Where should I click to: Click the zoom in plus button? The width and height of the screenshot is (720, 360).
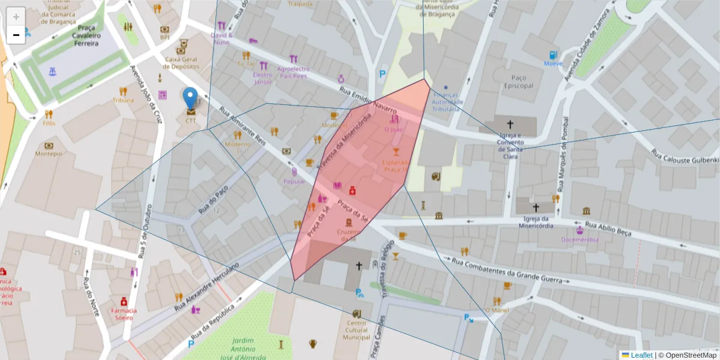16,17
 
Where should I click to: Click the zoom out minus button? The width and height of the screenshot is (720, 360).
16,35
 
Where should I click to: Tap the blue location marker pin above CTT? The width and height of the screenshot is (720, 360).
190,99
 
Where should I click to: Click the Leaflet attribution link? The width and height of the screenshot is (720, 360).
641,355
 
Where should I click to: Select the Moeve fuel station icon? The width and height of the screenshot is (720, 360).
553,55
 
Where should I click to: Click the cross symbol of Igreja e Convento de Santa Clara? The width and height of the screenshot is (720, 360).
510,125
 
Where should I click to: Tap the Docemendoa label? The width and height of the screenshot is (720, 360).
580,239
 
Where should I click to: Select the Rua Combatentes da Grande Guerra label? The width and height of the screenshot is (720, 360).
507,271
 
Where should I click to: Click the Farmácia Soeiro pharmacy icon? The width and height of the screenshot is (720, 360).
124,301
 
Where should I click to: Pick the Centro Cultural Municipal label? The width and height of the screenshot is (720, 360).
356,330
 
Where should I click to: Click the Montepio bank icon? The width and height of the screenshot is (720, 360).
49,146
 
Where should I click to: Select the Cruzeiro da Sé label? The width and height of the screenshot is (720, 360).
347,235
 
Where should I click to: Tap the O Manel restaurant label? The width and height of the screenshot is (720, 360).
497,310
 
